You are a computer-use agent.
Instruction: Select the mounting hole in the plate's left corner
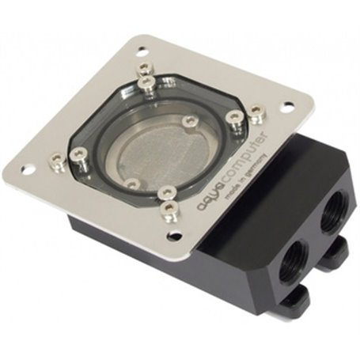[x=30, y=168]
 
